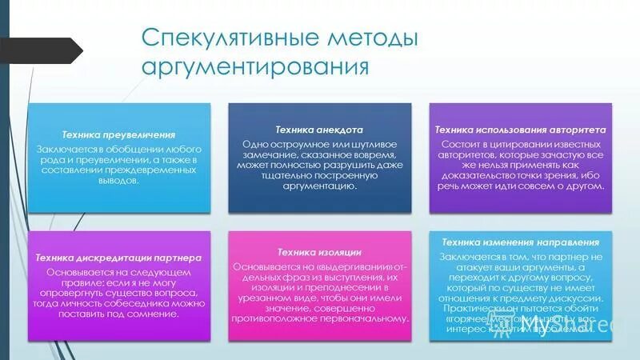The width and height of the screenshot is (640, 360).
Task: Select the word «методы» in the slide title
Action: pyautogui.click(x=374, y=38)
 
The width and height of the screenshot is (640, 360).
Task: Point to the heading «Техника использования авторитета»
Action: pyautogui.click(x=520, y=130)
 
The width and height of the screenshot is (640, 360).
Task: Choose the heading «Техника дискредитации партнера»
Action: pyautogui.click(x=118, y=258)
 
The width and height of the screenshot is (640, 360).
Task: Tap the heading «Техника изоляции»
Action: pyautogui.click(x=319, y=252)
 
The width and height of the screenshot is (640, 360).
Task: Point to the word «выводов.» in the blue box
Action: pyautogui.click(x=119, y=182)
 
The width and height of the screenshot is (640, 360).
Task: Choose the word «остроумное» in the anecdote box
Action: pyautogui.click(x=290, y=144)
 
